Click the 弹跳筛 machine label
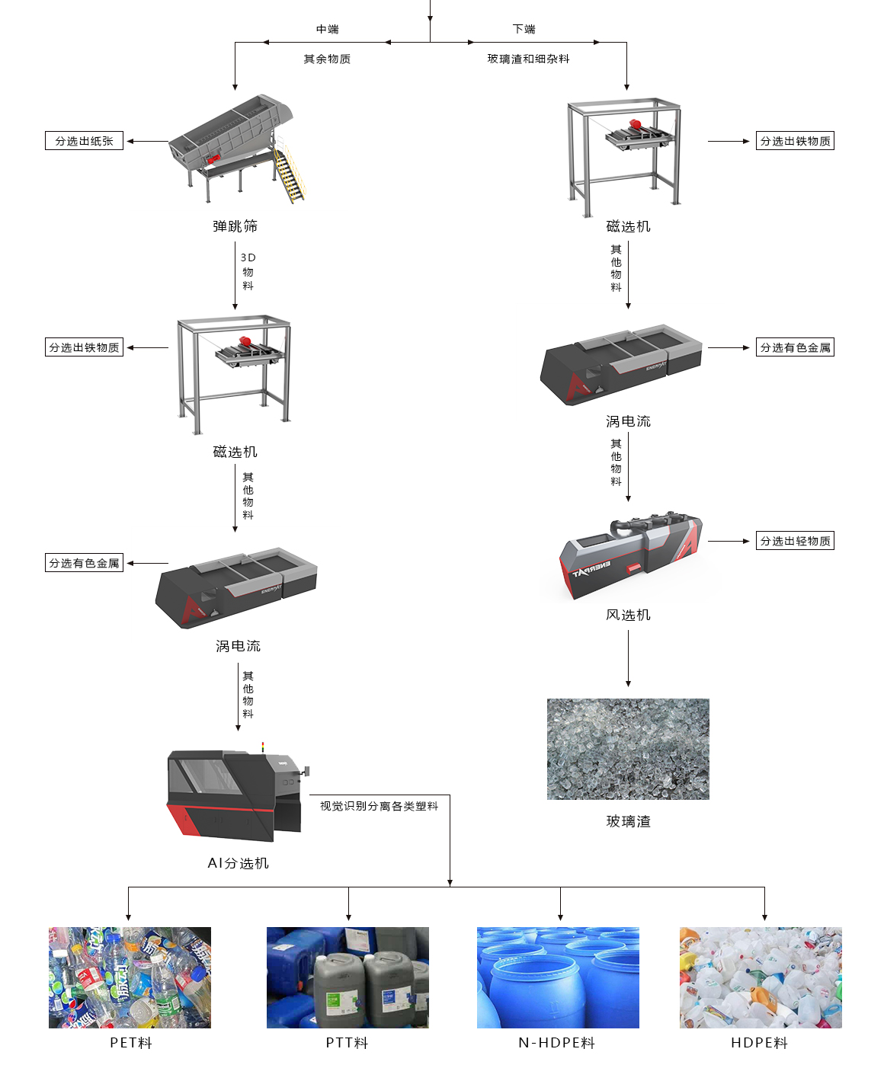click(x=235, y=226)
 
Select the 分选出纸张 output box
click(x=84, y=141)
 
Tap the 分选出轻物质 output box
click(x=795, y=541)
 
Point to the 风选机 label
click(x=628, y=615)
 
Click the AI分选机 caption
click(x=238, y=863)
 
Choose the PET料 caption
click(x=131, y=1043)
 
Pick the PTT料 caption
click(x=347, y=1043)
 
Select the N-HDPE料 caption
click(x=556, y=1043)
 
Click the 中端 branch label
click(x=328, y=29)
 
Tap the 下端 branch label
click(x=524, y=29)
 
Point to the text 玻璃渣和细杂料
click(x=528, y=59)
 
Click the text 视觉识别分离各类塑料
click(x=379, y=806)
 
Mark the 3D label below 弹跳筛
click(x=248, y=257)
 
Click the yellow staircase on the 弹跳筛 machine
click(x=289, y=175)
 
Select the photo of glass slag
click(x=628, y=749)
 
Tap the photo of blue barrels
click(x=558, y=977)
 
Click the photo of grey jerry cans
click(x=348, y=977)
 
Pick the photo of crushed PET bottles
click(x=130, y=977)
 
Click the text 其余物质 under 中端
click(x=327, y=59)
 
